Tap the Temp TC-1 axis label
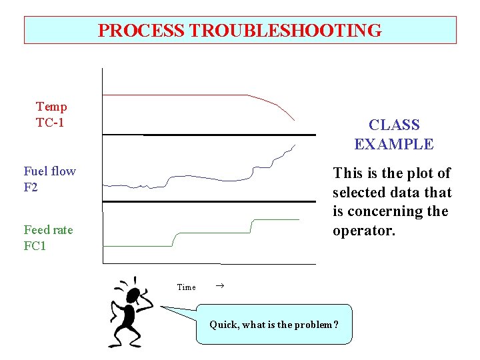pos(51,115)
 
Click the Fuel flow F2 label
pos(49,179)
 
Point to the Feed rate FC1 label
pos(48,238)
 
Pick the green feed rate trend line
pos(213,233)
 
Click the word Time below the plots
pos(186,287)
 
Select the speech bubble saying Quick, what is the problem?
pos(273,325)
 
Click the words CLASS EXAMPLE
pos(393,135)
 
